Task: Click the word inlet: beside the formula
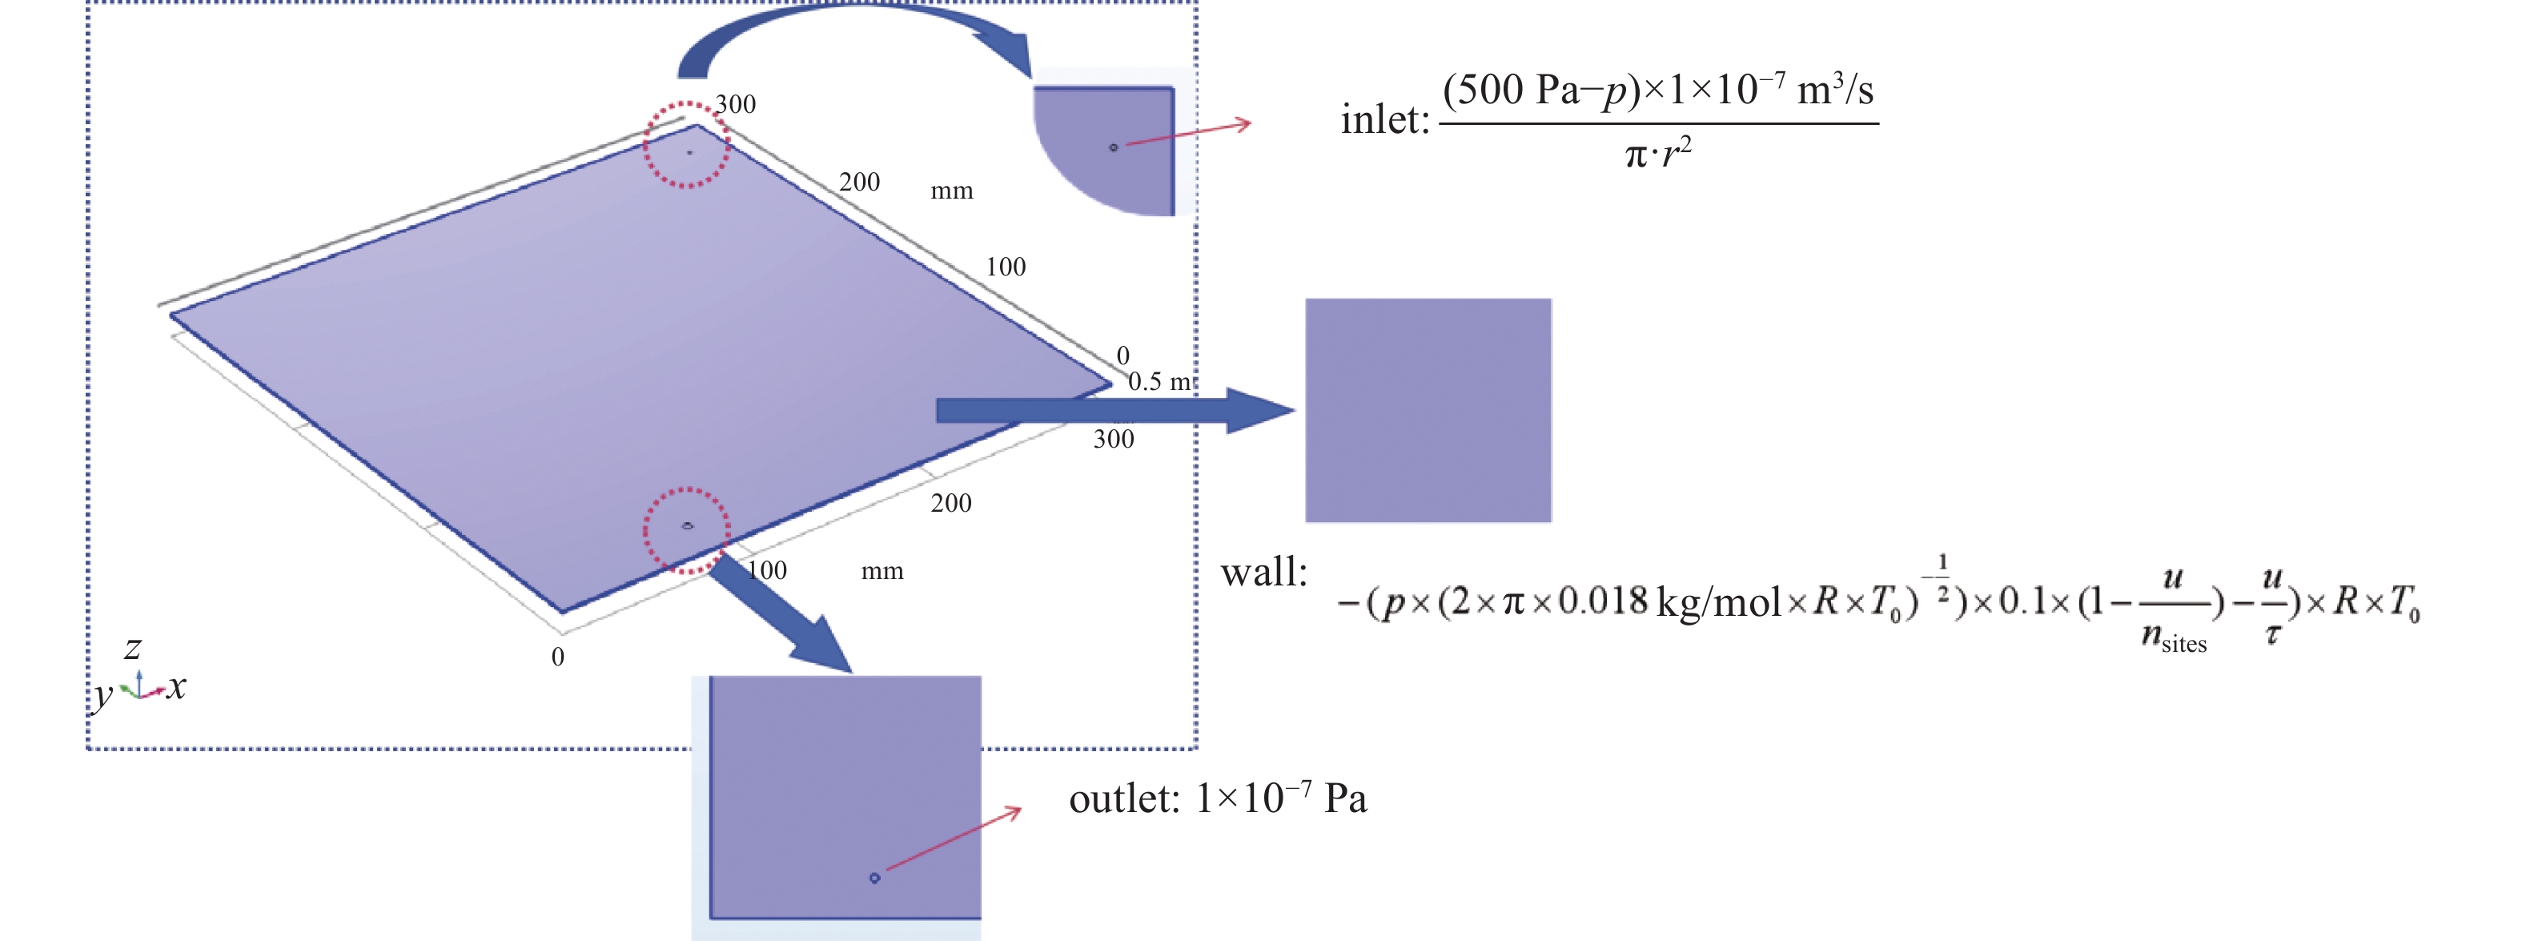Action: (x=1384, y=119)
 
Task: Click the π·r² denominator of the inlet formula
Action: (x=1657, y=154)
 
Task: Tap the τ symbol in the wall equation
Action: (x=2272, y=634)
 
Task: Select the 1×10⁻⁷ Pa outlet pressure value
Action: (x=1280, y=798)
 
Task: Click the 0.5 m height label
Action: (x=1160, y=381)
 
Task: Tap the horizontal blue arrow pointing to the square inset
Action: (x=1116, y=410)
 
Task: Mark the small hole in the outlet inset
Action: (x=874, y=878)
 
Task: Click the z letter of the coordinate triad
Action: (x=133, y=647)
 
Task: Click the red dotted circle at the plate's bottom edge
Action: (x=686, y=529)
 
